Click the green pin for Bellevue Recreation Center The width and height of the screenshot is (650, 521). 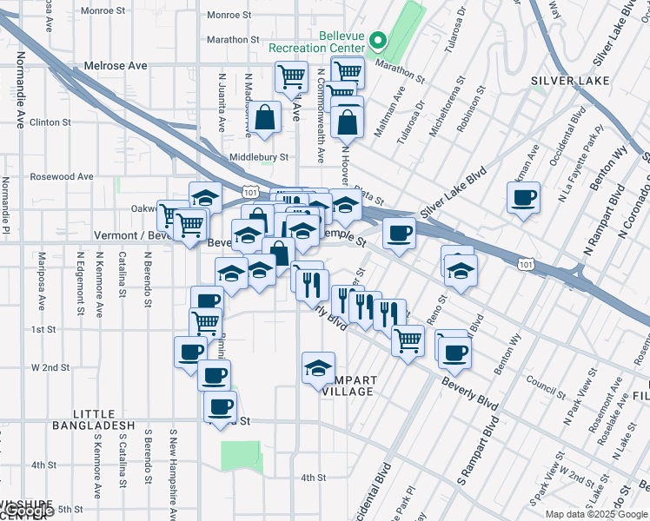(x=378, y=40)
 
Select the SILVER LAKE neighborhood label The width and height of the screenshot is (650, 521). (x=566, y=81)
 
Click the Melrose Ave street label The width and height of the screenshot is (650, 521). (x=116, y=65)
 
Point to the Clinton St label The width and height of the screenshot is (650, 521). (x=50, y=122)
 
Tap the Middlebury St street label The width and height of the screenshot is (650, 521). (x=257, y=157)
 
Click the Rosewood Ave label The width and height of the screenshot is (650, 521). (x=62, y=176)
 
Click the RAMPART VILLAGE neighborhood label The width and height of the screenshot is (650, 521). (x=348, y=386)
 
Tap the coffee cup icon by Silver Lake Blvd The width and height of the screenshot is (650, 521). (x=523, y=199)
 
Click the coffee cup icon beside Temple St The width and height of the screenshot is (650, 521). (x=399, y=234)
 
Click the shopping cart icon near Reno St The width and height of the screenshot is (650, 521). (x=407, y=339)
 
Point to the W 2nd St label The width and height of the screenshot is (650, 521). (x=50, y=367)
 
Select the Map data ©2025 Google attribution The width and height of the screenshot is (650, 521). (x=595, y=514)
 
